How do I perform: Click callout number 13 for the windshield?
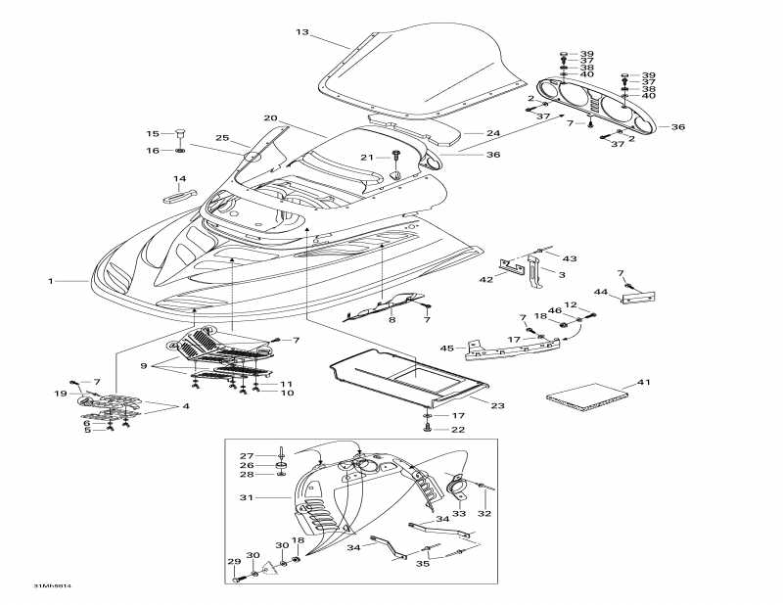click(302, 32)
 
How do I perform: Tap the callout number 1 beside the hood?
click(50, 281)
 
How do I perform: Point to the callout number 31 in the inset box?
click(246, 497)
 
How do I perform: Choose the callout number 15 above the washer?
click(152, 134)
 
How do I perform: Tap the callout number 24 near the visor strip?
click(493, 133)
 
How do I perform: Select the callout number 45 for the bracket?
click(447, 349)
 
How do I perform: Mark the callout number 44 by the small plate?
click(601, 292)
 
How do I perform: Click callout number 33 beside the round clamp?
click(458, 513)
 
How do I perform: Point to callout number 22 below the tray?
click(457, 430)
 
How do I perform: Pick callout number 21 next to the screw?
click(366, 157)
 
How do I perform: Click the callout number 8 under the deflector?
click(391, 319)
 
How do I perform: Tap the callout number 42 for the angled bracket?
click(486, 280)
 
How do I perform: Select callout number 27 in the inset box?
click(247, 455)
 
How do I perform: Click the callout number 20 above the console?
click(270, 118)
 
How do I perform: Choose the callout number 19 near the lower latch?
click(60, 394)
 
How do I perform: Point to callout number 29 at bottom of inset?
click(233, 561)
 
